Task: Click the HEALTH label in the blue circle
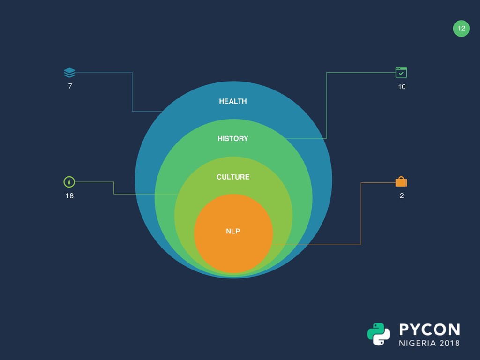(232, 101)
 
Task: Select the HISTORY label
(232, 139)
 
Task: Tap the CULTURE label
(233, 177)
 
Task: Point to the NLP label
(233, 231)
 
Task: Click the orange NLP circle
(233, 248)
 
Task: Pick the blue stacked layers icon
(69, 73)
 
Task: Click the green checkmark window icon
(401, 73)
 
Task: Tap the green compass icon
(69, 182)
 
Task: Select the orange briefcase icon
(401, 182)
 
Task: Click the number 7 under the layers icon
(70, 86)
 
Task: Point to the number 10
(402, 87)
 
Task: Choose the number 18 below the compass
(69, 196)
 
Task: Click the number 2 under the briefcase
(402, 196)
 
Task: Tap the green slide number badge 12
(461, 29)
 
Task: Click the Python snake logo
(378, 334)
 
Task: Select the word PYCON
(429, 329)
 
